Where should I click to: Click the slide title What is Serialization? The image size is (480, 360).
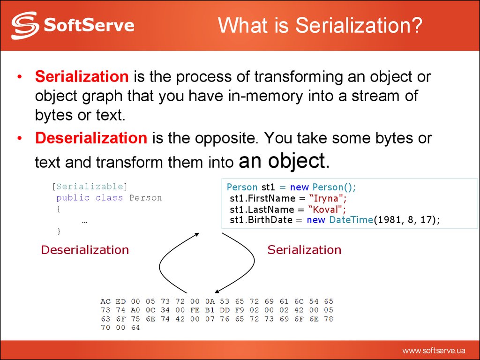(320, 25)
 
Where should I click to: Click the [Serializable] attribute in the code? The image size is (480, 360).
(90, 187)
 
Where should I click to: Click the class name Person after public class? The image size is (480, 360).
(146, 198)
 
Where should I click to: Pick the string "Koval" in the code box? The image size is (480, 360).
(327, 209)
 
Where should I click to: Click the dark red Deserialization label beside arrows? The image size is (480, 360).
(85, 250)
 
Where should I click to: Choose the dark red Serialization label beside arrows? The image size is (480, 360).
(304, 250)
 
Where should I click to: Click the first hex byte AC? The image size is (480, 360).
(105, 301)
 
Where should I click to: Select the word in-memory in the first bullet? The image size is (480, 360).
(265, 96)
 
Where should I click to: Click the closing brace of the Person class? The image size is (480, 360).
(59, 231)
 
